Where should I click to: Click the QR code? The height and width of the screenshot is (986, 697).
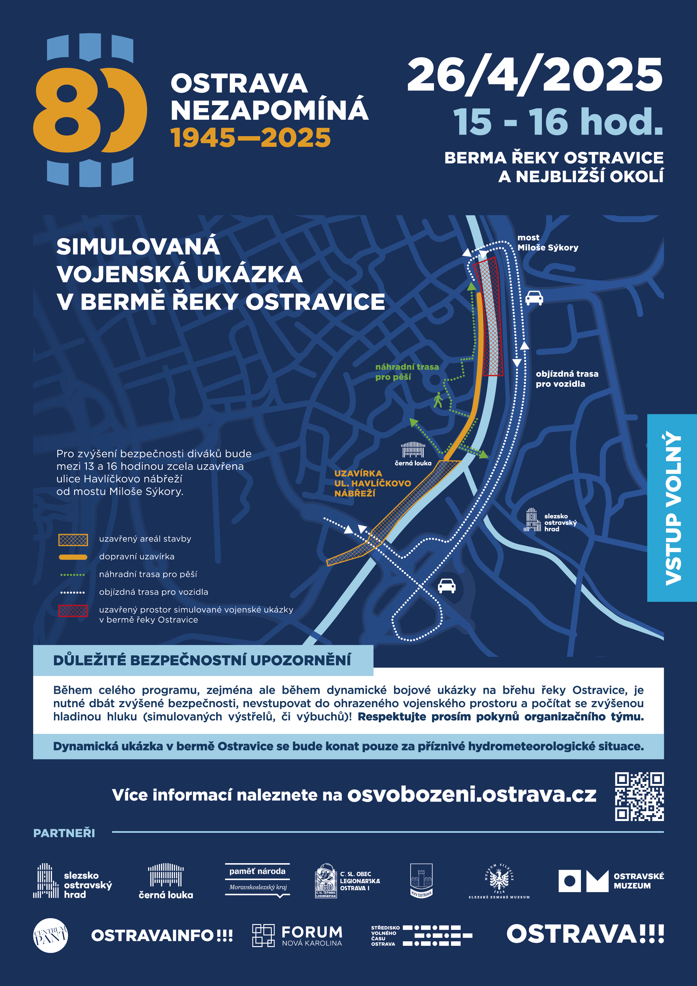coord(639,796)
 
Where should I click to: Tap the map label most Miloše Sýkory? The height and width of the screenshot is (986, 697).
coord(547,243)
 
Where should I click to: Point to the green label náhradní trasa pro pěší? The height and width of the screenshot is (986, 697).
coord(407,372)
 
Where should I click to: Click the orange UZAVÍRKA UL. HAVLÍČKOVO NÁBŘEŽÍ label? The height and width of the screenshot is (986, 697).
coord(372,483)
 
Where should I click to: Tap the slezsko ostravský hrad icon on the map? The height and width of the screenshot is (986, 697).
coord(532,520)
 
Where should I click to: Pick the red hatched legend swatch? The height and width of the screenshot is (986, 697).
coord(73,610)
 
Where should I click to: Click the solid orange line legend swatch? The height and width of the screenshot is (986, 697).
coord(73,557)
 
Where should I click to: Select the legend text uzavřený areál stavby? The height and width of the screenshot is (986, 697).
coord(145,539)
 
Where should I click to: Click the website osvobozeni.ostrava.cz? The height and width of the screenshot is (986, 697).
coord(472,795)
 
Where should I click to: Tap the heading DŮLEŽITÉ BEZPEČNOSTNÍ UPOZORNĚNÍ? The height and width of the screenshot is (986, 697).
coord(202,660)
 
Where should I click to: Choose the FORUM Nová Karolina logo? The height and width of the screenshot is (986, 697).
coord(297,935)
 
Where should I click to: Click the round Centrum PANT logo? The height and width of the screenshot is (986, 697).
coord(51,935)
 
